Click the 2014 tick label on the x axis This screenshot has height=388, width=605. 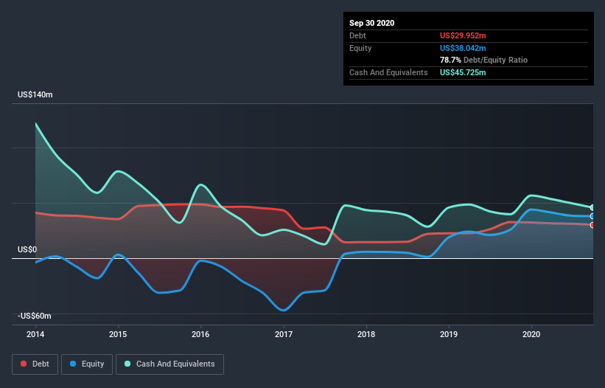pos(35,334)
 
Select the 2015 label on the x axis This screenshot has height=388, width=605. pos(118,334)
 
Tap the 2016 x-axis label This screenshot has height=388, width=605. pos(200,334)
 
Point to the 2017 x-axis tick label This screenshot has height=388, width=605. pos(284,334)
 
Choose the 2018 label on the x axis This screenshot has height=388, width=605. pos(366,334)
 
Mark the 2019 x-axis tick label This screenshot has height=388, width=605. pos(449,334)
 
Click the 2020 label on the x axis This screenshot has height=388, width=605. pos(531,334)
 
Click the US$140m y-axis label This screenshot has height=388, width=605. pos(35,95)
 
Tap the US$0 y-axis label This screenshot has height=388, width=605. pos(28,250)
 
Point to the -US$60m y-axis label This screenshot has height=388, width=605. pos(35,316)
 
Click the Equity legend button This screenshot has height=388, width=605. pos(87,364)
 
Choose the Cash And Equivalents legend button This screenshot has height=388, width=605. pos(169,364)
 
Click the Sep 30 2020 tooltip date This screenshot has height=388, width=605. pos(371,23)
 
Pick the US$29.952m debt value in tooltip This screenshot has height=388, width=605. pos(463,35)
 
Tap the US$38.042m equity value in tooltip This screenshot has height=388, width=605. pos(463,48)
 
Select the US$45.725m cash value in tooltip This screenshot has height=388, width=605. pos(463,72)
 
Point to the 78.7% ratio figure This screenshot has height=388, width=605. pos(450,60)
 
